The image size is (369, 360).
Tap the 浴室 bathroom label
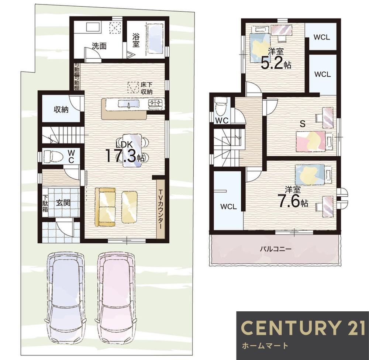[136, 40]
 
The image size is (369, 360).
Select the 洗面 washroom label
[99, 46]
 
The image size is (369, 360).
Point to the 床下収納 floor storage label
[146, 88]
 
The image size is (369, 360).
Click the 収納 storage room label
[61, 110]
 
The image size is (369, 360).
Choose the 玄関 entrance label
[63, 202]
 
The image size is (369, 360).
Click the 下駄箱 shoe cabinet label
[45, 203]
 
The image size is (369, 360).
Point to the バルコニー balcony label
[276, 249]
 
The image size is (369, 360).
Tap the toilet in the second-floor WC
[221, 105]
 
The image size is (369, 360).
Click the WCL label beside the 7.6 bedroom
[228, 207]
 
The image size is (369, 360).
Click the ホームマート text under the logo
[265, 346]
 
